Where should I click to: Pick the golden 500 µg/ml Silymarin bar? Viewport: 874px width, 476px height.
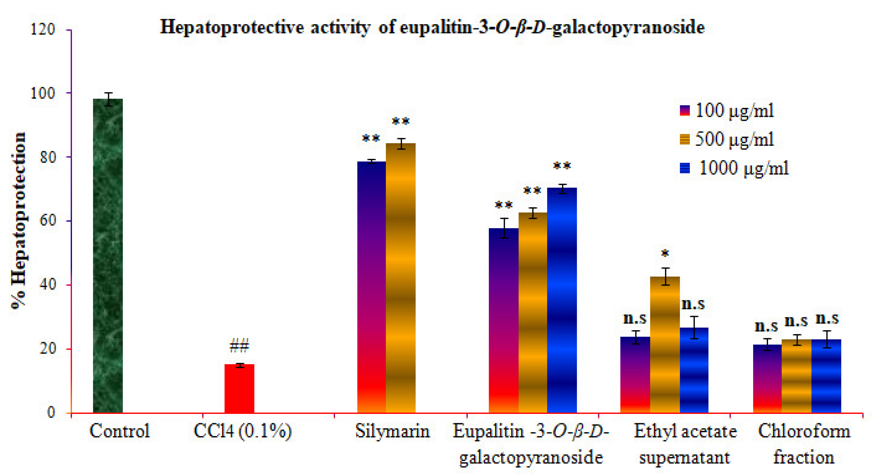pyautogui.click(x=400, y=278)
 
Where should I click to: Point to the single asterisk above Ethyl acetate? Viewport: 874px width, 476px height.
pyautogui.click(x=665, y=254)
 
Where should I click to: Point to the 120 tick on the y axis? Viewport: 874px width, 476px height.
pyautogui.click(x=43, y=30)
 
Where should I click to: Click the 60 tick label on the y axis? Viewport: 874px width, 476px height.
pyautogui.click(x=47, y=221)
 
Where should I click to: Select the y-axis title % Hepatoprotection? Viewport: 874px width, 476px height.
pyautogui.click(x=18, y=220)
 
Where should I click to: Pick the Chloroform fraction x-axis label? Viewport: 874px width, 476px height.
pyautogui.click(x=804, y=444)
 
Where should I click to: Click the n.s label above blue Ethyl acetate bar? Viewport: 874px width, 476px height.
pyautogui.click(x=694, y=304)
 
